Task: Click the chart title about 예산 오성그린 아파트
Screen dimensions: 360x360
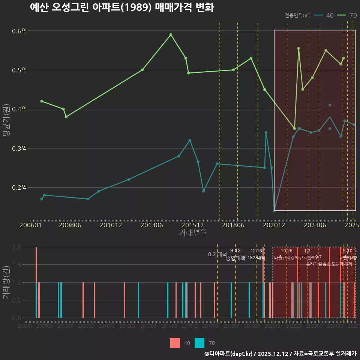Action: [122, 7]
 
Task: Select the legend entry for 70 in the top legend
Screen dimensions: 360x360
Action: [347, 15]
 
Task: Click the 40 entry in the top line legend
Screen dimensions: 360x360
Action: [325, 15]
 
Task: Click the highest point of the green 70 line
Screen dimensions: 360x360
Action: [171, 35]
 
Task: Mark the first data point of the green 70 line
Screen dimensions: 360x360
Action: [42, 101]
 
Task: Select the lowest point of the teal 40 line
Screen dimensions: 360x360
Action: [274, 211]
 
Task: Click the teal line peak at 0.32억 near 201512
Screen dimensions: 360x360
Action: [190, 140]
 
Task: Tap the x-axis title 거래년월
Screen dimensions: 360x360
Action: [193, 232]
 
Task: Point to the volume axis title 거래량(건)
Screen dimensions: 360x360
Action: [6, 282]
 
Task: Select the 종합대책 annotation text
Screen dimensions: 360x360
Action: [235, 258]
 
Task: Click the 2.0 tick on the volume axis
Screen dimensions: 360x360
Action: [17, 247]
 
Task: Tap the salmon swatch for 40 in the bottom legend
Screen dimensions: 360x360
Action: [175, 343]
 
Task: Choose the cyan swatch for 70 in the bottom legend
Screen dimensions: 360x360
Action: [200, 343]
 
